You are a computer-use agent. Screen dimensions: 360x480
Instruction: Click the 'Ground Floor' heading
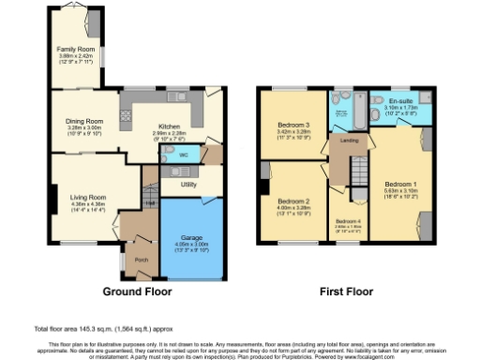click(135, 290)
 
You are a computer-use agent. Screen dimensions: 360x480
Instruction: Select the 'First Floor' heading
click(341, 290)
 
